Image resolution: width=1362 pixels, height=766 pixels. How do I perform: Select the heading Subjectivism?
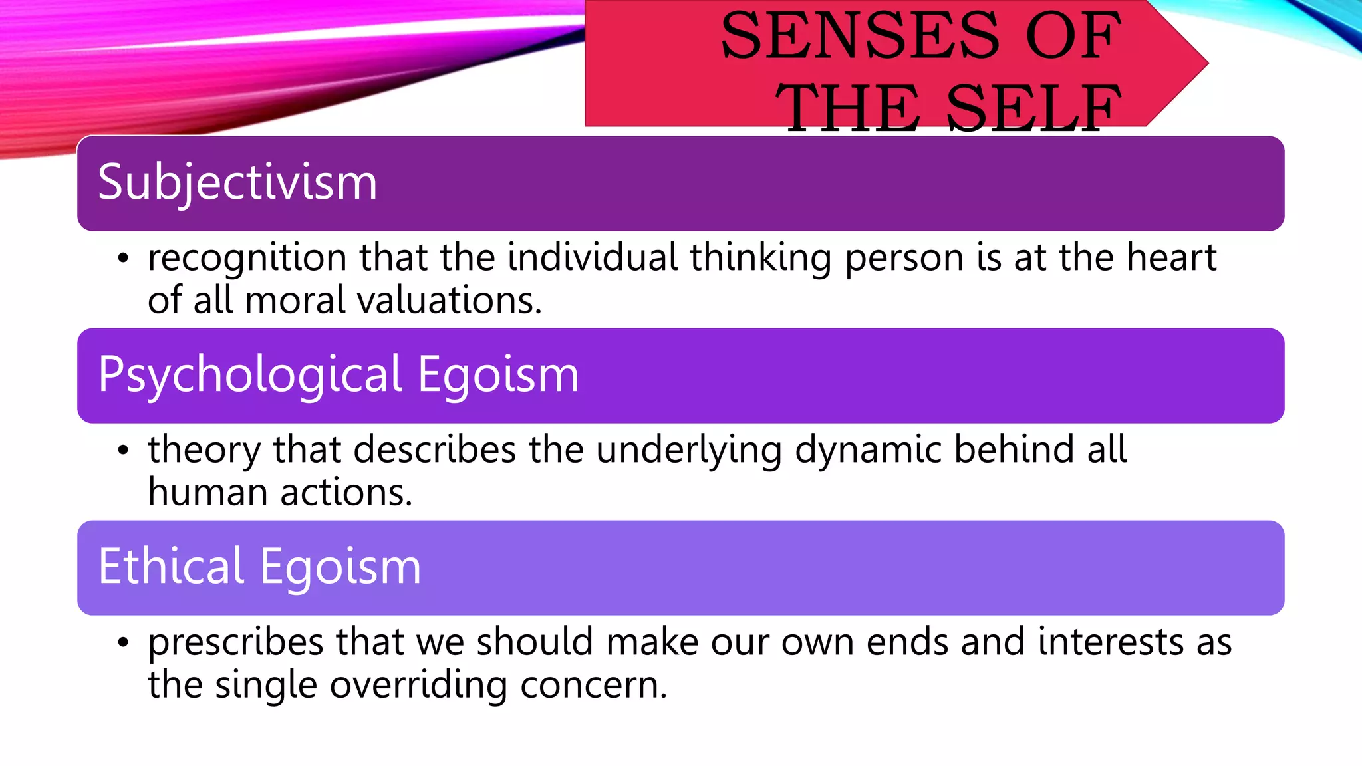pyautogui.click(x=237, y=182)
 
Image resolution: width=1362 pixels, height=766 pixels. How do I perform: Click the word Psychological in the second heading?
pyautogui.click(x=250, y=375)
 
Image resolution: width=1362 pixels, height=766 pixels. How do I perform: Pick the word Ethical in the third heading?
pyautogui.click(x=171, y=567)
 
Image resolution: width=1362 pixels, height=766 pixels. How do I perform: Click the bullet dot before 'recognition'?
pyautogui.click(x=122, y=259)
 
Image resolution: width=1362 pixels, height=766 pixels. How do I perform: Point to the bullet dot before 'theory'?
pyautogui.click(x=122, y=451)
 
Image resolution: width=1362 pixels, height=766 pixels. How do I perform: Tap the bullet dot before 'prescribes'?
pyautogui.click(x=122, y=643)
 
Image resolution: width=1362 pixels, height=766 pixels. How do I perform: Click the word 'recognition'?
pyautogui.click(x=247, y=259)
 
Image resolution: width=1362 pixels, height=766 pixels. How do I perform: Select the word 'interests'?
pyautogui.click(x=1110, y=642)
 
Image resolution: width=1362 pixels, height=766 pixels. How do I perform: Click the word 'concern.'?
pyautogui.click(x=593, y=686)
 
